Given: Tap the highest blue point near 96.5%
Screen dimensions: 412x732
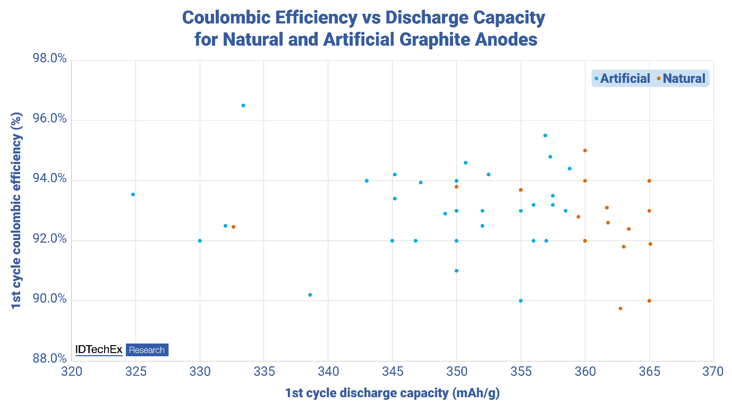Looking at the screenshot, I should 243,105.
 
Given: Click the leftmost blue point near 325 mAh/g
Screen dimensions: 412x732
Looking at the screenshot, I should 133,194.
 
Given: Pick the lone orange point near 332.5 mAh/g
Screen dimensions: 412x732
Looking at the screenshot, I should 233,227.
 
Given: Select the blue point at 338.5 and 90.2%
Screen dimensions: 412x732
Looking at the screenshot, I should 310,295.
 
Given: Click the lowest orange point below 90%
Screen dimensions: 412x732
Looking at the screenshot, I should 620,308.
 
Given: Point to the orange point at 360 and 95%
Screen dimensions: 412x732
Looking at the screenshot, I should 585,150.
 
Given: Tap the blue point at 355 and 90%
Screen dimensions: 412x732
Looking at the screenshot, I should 521,301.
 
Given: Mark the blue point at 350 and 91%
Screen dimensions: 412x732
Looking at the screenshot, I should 456,271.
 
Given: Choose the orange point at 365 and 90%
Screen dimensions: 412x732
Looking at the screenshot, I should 649,301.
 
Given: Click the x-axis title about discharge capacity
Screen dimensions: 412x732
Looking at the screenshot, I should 393,393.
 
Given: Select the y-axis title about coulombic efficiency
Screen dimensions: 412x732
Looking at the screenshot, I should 17,210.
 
